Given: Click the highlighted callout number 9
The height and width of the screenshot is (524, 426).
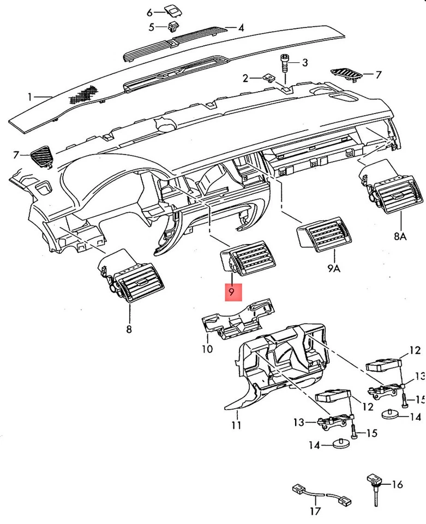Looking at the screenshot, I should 232,292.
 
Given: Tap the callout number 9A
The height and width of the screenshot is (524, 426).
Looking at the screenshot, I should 334,268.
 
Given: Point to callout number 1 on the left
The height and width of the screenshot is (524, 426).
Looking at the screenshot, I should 30,97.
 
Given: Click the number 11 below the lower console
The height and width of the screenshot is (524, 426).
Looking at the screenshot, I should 236,424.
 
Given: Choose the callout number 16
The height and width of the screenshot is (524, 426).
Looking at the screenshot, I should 397,484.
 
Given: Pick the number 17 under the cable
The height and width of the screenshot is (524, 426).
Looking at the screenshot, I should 314,511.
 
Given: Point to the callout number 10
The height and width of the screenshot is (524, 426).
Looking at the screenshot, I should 207,348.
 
